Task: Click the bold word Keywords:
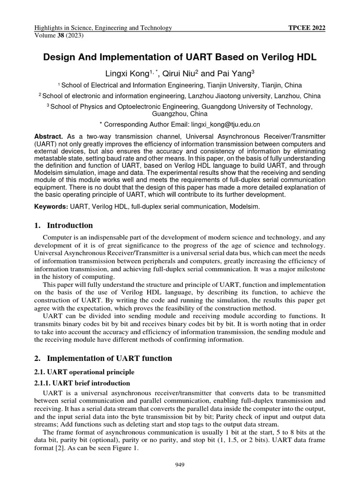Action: coord(51,207)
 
